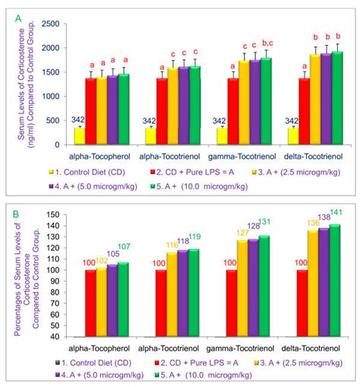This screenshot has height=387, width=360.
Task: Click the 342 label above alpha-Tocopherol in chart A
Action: coord(78,119)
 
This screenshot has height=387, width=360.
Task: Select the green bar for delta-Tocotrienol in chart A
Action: coord(336,99)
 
